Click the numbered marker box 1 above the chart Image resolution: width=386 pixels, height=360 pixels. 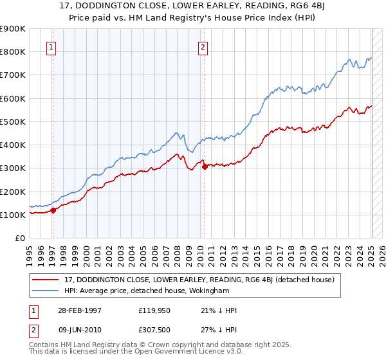click(x=50, y=46)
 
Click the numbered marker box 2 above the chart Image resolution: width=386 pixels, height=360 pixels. click(x=203, y=46)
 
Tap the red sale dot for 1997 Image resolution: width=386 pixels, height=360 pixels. click(x=53, y=210)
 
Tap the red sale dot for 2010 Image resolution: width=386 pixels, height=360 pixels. click(x=205, y=166)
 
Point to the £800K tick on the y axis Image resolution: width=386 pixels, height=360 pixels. click(x=13, y=51)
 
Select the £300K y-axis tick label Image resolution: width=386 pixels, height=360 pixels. click(x=13, y=168)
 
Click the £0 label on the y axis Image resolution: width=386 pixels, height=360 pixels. click(x=20, y=239)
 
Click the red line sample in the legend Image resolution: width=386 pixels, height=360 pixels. click(x=46, y=280)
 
